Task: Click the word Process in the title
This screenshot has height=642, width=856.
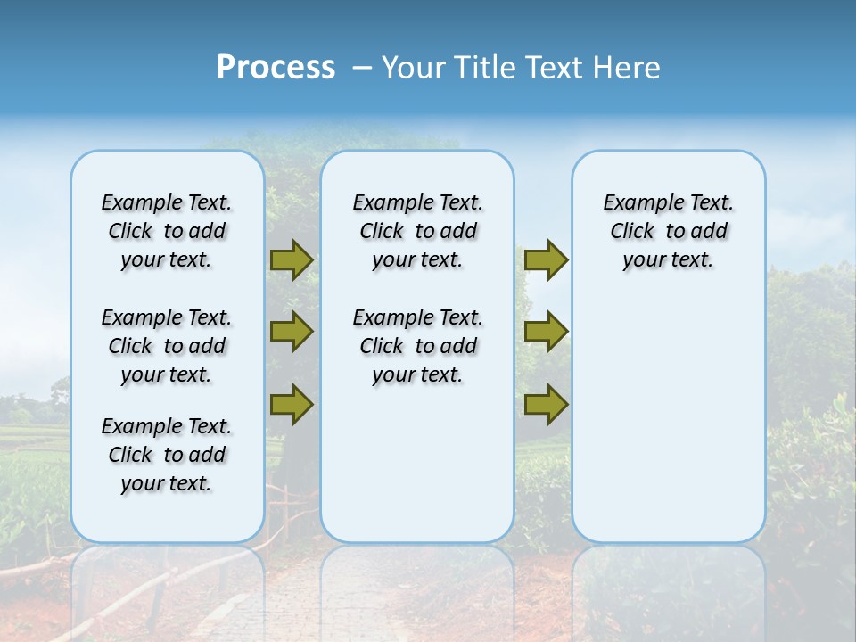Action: coord(276,67)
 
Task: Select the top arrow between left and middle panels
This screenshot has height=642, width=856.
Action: coord(292,259)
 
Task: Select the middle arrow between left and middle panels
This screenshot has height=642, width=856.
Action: coord(292,332)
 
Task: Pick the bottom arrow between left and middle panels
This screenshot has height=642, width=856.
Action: coord(292,404)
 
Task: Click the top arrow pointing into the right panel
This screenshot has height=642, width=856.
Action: coord(546,259)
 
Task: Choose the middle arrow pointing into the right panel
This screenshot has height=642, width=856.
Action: coord(546,332)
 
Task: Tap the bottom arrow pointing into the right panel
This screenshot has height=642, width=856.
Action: coord(546,404)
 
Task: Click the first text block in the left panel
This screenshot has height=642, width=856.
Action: coord(167,231)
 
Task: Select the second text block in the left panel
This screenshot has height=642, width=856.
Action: coord(167,346)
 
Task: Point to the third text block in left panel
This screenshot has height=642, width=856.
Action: coord(167,455)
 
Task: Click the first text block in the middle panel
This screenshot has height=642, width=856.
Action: coord(417,231)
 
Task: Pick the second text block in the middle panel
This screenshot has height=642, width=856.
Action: coord(417,346)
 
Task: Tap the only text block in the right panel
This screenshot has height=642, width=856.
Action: coord(668,231)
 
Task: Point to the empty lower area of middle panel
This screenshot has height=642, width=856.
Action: coord(417,464)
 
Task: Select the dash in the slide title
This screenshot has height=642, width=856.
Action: coord(363,68)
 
